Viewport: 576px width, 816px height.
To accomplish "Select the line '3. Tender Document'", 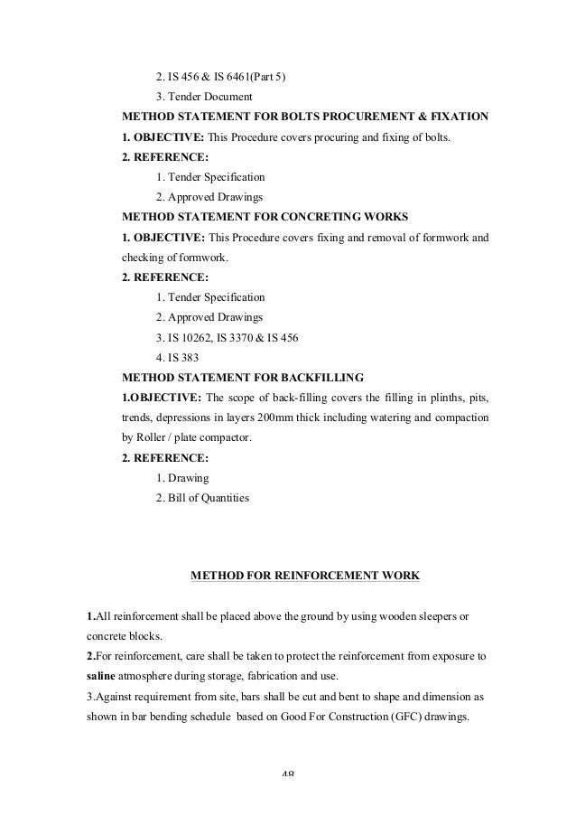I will coord(204,97).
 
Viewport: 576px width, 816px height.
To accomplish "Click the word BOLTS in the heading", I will coord(287,117).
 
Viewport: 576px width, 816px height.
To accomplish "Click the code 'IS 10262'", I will coord(193,337).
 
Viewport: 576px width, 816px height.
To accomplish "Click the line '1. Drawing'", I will coord(182,477).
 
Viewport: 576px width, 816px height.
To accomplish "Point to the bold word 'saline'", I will coord(101,675).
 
